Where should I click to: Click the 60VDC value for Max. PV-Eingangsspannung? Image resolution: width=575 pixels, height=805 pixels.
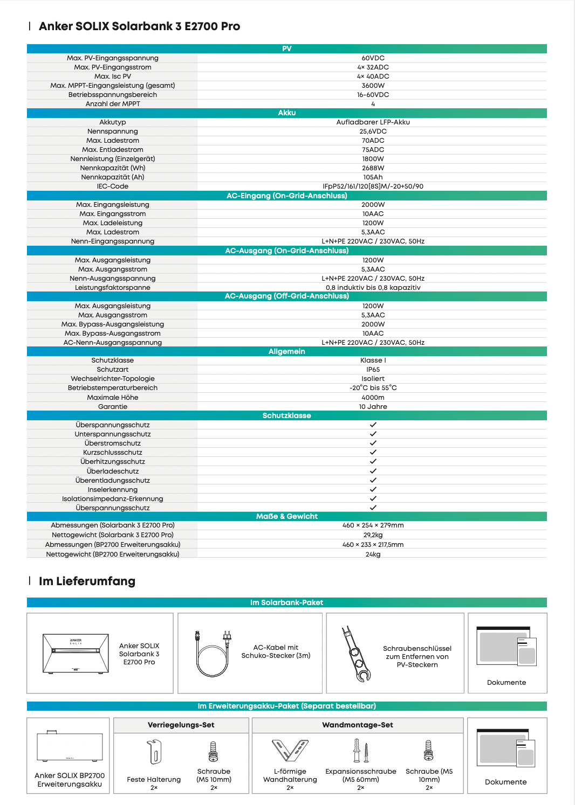click(x=373, y=58)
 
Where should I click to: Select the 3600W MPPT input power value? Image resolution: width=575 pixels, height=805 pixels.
click(x=373, y=86)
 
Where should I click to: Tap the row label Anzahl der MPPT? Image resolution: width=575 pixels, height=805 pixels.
click(x=113, y=104)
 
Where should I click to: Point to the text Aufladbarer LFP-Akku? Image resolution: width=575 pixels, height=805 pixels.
click(x=373, y=122)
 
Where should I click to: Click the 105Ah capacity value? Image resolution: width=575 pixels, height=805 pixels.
click(x=373, y=177)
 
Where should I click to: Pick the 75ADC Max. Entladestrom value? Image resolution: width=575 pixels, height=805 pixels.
click(x=373, y=150)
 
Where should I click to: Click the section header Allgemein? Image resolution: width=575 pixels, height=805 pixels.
click(x=286, y=351)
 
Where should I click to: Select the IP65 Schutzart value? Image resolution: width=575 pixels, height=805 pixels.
click(x=373, y=370)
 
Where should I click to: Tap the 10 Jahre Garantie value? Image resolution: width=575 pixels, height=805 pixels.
click(x=373, y=407)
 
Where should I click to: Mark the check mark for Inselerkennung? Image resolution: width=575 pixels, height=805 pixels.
click(x=373, y=489)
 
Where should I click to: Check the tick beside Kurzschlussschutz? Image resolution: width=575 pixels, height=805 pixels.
click(x=373, y=452)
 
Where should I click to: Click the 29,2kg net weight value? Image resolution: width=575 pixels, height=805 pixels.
click(x=373, y=535)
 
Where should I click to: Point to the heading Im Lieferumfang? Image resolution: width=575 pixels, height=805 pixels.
click(x=87, y=581)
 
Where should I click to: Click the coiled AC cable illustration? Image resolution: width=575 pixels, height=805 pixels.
click(x=214, y=654)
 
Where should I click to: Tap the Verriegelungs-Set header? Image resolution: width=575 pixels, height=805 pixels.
click(x=181, y=725)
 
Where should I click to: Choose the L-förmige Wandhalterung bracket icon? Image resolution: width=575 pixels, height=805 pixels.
click(x=290, y=750)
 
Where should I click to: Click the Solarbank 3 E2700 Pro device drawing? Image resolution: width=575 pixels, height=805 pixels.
click(x=76, y=654)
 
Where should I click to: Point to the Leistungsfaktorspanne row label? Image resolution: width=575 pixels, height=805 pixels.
click(x=113, y=288)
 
